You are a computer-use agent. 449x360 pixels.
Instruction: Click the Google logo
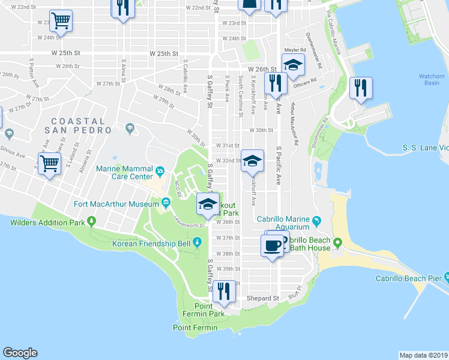click(20, 353)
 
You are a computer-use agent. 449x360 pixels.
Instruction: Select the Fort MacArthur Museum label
click(116, 204)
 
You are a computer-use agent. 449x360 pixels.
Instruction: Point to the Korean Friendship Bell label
click(151, 244)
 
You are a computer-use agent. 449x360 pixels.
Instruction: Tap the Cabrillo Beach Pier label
click(408, 278)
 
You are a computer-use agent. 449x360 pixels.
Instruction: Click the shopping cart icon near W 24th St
click(60, 22)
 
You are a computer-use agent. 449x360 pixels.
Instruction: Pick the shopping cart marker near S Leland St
click(49, 164)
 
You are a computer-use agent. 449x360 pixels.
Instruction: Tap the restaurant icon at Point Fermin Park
click(223, 291)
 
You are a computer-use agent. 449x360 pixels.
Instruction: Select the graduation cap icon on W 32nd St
click(253, 160)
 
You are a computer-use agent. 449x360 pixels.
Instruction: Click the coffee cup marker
click(272, 245)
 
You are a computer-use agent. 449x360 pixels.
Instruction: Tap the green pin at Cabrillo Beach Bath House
click(337, 243)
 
